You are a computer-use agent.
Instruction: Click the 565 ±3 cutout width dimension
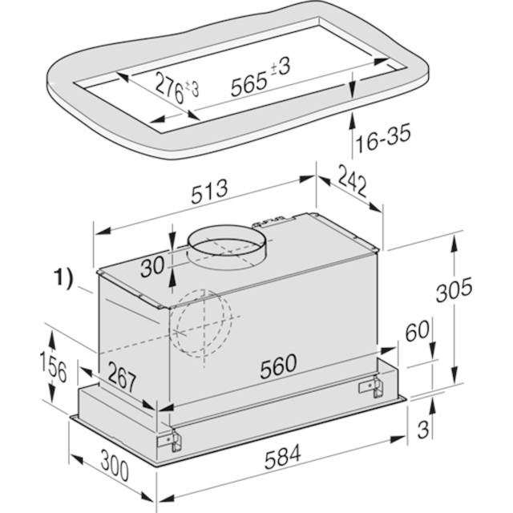pyautogui.click(x=261, y=78)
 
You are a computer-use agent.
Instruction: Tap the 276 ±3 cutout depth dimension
pyautogui.click(x=177, y=87)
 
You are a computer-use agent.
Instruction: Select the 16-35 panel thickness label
pyautogui.click(x=383, y=139)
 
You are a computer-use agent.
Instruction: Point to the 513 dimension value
pyautogui.click(x=209, y=192)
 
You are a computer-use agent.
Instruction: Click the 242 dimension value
pyautogui.click(x=353, y=180)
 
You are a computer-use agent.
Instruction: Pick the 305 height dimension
pyautogui.click(x=454, y=289)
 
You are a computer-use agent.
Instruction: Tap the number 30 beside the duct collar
pyautogui.click(x=152, y=267)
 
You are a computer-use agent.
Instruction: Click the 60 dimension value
pyautogui.click(x=417, y=330)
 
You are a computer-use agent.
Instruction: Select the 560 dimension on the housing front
pyautogui.click(x=278, y=366)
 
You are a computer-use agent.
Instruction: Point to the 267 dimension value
pyautogui.click(x=122, y=377)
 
